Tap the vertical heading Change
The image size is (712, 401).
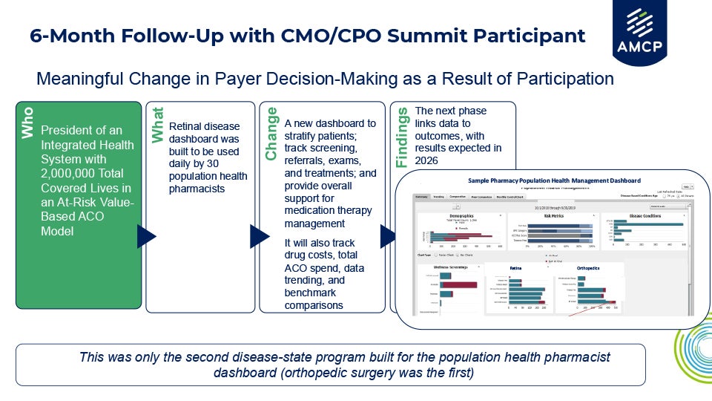271,134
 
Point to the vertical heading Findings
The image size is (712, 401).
402,137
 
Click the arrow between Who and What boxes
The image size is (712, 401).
146,237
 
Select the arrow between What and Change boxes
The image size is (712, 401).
259,237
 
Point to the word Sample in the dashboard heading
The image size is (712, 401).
482,180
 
